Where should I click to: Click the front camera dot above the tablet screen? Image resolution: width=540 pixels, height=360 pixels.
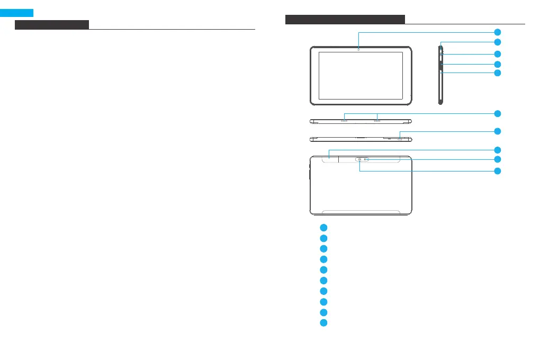point(358,49)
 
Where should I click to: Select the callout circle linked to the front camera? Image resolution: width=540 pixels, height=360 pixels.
point(497,32)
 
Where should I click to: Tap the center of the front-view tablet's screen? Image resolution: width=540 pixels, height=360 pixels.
point(361,76)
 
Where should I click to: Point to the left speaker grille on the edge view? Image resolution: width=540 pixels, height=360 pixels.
point(345,121)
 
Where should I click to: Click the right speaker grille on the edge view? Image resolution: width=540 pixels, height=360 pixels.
point(377,121)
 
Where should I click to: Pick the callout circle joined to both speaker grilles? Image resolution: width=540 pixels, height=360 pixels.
point(497,113)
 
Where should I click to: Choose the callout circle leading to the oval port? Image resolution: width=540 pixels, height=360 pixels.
point(497,131)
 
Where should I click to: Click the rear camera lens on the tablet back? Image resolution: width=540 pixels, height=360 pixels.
point(359,159)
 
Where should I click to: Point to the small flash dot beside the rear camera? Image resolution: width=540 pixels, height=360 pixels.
point(366,159)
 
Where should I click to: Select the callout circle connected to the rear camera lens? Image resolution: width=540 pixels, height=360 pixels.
point(497,171)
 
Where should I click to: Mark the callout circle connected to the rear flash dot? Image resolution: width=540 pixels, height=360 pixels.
point(497,159)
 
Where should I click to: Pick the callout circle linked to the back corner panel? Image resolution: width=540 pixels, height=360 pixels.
point(497,150)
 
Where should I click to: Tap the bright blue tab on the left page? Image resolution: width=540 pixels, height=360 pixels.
point(17,13)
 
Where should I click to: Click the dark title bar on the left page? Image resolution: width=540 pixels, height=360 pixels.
point(52,25)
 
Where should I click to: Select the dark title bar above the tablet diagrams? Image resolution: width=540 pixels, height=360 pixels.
point(345,20)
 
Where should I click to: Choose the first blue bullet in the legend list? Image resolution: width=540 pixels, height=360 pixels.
point(323,227)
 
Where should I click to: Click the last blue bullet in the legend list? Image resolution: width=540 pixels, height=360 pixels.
point(323,322)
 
